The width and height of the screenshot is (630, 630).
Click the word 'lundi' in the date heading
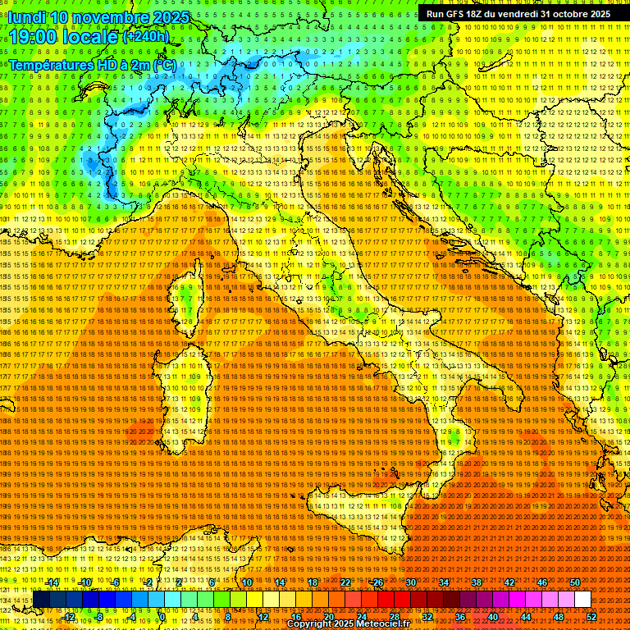[26, 17]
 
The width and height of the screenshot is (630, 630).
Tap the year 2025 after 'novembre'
[170, 17]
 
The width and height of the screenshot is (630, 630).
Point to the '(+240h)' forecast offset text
[146, 36]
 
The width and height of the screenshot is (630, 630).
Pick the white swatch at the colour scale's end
[582, 600]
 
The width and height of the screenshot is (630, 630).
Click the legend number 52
[592, 617]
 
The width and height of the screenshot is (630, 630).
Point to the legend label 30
[410, 582]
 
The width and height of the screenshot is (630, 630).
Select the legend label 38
[476, 582]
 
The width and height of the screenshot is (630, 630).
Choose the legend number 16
[296, 617]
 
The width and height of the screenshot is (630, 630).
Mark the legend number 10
[246, 582]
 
